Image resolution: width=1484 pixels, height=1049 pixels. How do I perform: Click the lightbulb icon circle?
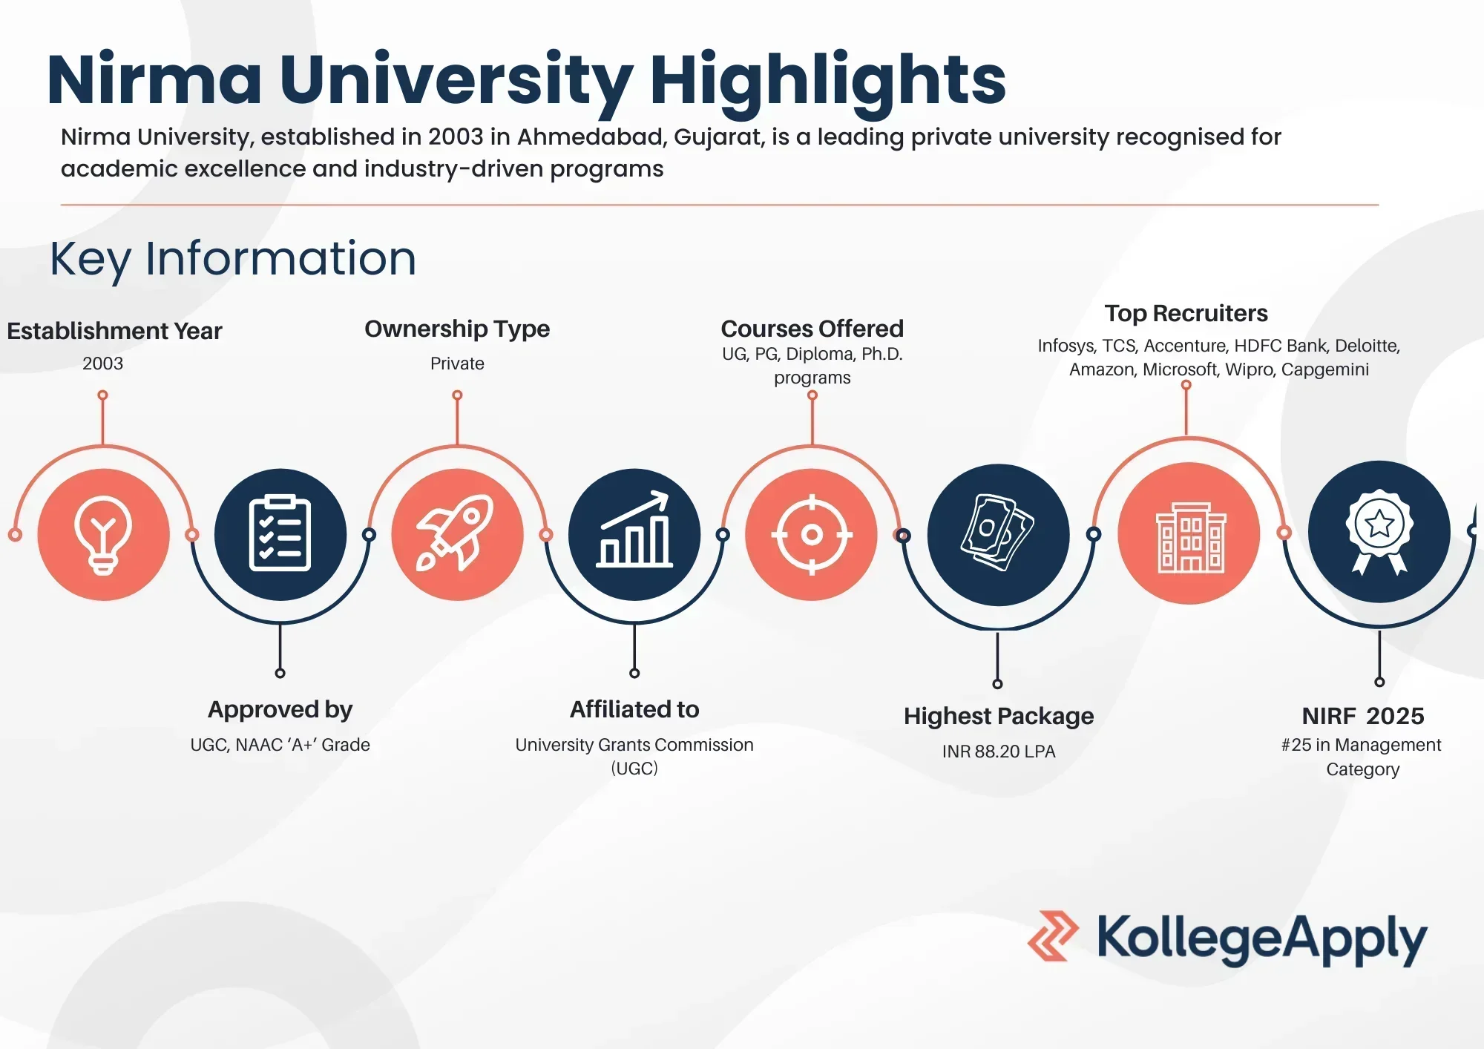click(x=103, y=534)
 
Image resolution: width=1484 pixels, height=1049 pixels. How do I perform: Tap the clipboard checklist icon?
click(x=280, y=533)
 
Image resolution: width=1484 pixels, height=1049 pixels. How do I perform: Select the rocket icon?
click(x=455, y=533)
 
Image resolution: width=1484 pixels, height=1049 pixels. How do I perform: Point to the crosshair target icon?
click(x=812, y=534)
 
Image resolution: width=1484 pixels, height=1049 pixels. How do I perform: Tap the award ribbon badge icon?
click(x=1379, y=531)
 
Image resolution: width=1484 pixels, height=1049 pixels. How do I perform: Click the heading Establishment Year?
click(x=114, y=331)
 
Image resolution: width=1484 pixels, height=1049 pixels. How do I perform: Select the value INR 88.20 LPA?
click(x=999, y=752)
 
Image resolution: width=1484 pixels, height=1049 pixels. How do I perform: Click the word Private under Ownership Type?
click(x=457, y=364)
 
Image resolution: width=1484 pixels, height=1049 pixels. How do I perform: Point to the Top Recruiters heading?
click(x=1186, y=314)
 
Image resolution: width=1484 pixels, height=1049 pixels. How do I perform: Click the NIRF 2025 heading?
click(x=1363, y=716)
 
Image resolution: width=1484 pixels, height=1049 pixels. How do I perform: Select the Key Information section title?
click(x=233, y=260)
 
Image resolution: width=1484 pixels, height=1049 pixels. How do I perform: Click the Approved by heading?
click(x=280, y=710)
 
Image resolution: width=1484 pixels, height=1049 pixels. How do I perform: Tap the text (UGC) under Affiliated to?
click(x=634, y=769)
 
